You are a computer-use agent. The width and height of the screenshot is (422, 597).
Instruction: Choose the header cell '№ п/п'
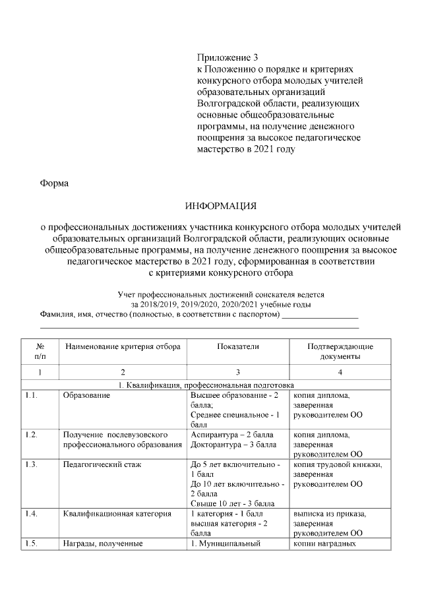[40, 352]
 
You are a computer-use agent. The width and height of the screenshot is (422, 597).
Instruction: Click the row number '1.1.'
[31, 396]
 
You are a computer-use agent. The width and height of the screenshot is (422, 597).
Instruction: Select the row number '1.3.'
[31, 464]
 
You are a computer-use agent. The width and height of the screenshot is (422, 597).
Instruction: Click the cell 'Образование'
[86, 396]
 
